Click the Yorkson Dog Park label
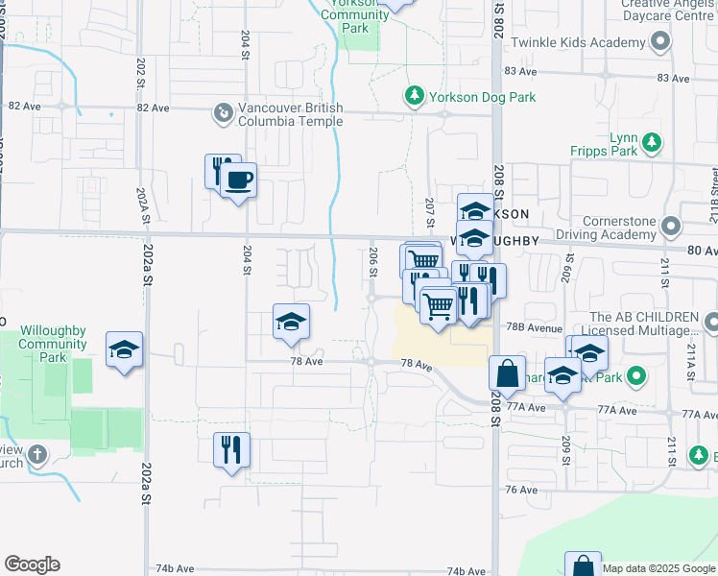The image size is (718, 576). coord(482,97)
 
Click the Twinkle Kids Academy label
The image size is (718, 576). coord(578,43)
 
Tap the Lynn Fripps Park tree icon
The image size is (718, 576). coord(653,144)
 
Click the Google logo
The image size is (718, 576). coord(32,564)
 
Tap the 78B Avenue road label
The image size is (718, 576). coord(535,327)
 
